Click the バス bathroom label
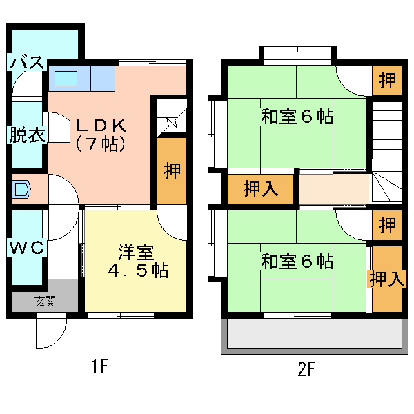(27, 62)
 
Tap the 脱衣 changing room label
(27, 135)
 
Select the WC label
(27, 247)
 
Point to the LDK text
(101, 126)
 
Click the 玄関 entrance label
(45, 301)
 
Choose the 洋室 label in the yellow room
(136, 253)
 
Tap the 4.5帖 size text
(138, 270)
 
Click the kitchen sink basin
(66, 79)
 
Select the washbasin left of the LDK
(21, 189)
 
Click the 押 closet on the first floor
(172, 170)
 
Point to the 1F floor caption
(100, 366)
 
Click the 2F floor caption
(306, 368)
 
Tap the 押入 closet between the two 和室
(261, 189)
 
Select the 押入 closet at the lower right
(387, 279)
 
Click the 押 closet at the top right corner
(387, 80)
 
